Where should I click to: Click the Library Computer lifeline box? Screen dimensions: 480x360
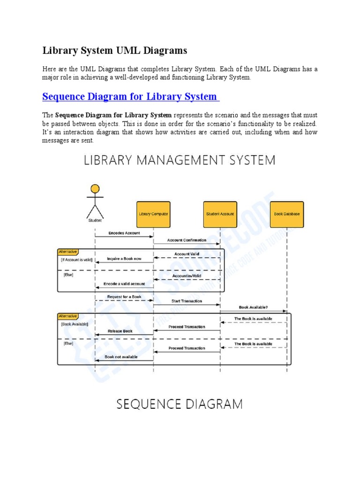click(x=153, y=214)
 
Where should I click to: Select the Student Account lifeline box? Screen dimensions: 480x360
click(x=220, y=214)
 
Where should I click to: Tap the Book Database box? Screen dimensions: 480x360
click(x=286, y=214)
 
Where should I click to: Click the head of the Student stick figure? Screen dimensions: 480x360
click(x=95, y=189)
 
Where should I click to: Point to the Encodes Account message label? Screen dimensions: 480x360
click(x=124, y=233)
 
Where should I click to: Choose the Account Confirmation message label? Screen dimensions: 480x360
click(x=187, y=240)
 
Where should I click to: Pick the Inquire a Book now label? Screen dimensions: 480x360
click(x=124, y=259)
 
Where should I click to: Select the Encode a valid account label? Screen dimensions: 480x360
click(x=124, y=284)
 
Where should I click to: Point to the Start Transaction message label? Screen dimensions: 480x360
click(x=187, y=301)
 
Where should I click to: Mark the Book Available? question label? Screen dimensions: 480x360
click(x=254, y=307)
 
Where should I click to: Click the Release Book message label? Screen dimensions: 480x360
click(x=120, y=331)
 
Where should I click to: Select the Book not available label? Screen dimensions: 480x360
click(x=121, y=357)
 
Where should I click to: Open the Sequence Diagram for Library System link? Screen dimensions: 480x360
click(x=130, y=97)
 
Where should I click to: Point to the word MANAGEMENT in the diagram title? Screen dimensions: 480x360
click(x=180, y=160)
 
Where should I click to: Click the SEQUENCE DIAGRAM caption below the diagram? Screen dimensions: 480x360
click(x=180, y=404)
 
